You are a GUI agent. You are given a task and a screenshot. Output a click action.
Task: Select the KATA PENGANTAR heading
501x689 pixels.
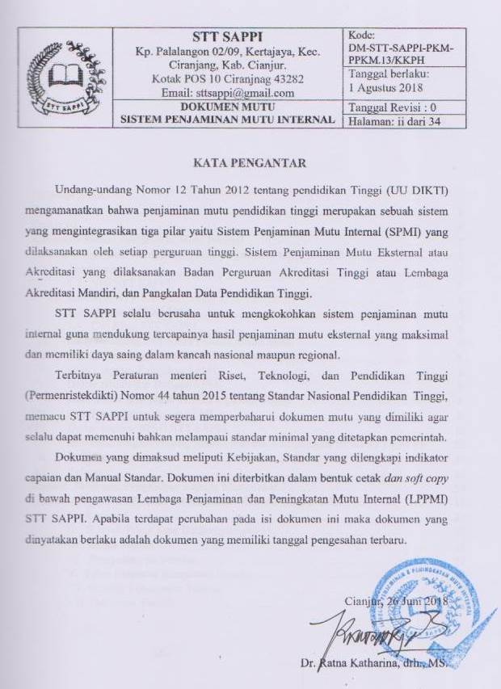[x=250, y=163]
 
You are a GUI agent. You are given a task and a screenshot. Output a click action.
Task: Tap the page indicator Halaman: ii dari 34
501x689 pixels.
[x=394, y=122]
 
